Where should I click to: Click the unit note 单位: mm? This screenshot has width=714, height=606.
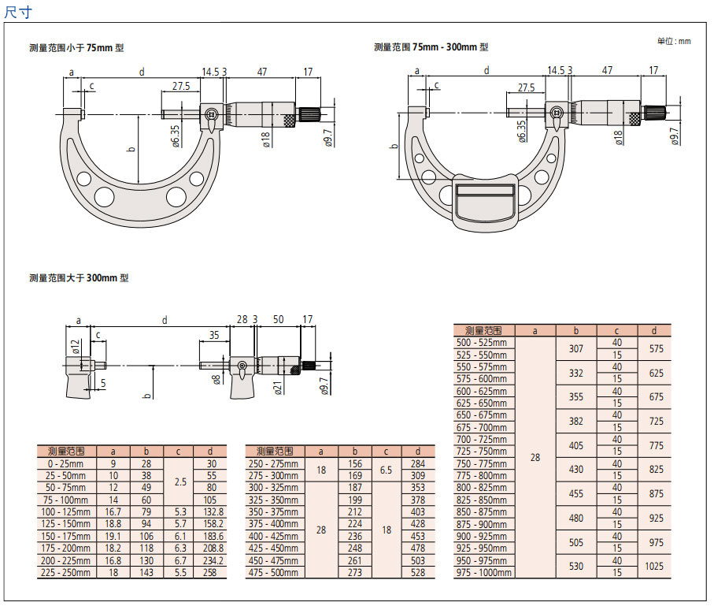674,41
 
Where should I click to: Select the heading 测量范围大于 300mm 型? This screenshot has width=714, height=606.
79,277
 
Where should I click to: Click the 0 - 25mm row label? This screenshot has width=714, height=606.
66,464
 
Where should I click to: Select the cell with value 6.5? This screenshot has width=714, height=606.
387,470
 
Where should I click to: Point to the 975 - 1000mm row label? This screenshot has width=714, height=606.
483,573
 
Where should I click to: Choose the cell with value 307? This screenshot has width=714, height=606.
576,348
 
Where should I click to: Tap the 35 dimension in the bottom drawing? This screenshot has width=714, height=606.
213,335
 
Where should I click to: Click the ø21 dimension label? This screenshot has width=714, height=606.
278,387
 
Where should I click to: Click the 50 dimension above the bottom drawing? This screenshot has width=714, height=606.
277,319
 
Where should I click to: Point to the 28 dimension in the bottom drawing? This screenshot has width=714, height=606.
242,319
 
